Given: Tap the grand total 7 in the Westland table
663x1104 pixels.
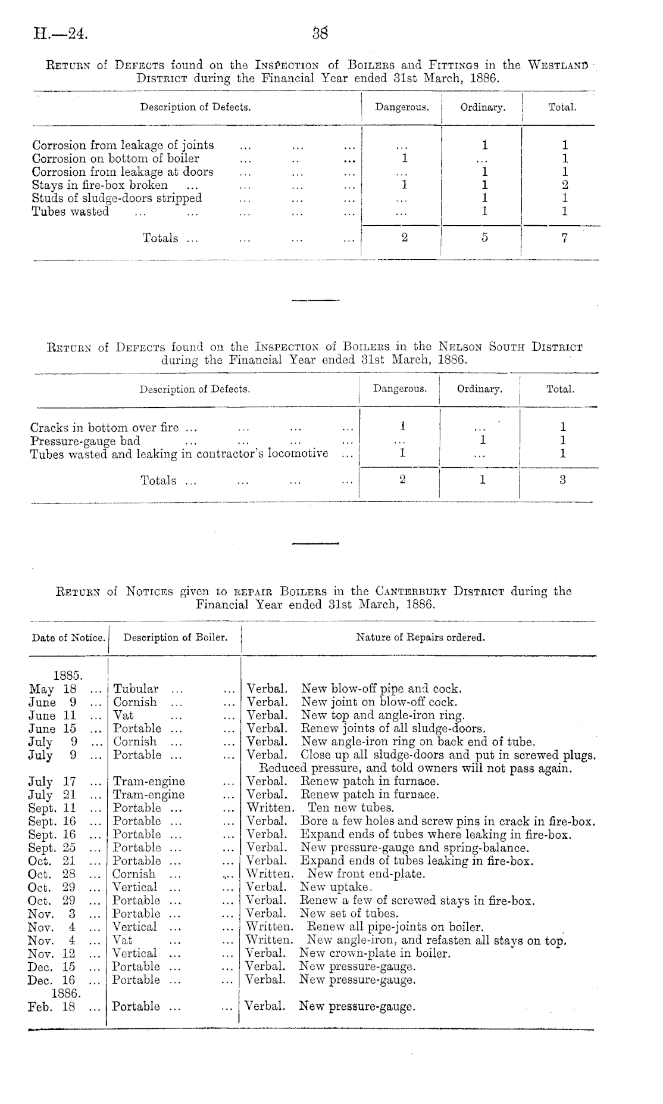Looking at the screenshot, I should tap(564, 238).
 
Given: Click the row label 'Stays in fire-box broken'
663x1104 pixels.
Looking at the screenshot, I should tap(100, 185).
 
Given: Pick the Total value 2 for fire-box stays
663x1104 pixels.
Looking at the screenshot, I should tap(565, 185).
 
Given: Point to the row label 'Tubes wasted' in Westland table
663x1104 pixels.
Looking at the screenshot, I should tap(70, 212).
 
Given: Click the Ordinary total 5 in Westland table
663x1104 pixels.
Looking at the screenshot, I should tap(484, 238).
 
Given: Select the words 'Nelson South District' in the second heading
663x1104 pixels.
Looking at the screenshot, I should tap(510, 347).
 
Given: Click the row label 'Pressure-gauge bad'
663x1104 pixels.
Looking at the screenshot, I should tap(85, 441).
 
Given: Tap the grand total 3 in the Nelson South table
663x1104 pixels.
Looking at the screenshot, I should tap(562, 480).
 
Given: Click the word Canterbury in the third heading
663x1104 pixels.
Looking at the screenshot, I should tap(411, 592).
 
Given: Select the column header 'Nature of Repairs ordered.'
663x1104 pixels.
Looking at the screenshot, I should tap(420, 637).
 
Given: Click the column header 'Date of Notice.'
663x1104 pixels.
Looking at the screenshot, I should tap(68, 638).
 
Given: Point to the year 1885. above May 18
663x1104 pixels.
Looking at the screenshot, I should tap(67, 676).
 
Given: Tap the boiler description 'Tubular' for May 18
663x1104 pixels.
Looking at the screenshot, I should tap(136, 689).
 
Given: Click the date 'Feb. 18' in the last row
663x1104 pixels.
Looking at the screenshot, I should tap(52, 1007).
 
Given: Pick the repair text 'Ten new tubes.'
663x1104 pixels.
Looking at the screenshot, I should tap(351, 808).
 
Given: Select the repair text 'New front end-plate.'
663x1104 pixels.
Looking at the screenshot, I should tap(365, 874).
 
